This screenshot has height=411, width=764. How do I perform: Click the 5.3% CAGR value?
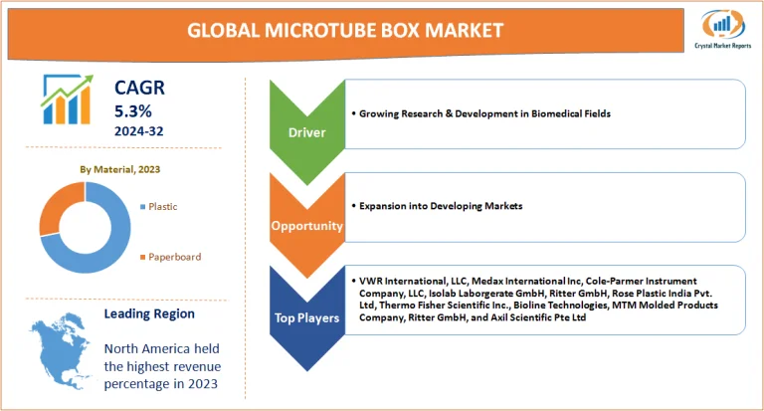pos(132,110)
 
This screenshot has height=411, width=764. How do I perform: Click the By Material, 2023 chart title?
pos(119,169)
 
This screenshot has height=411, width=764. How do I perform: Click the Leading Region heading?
pos(149,313)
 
